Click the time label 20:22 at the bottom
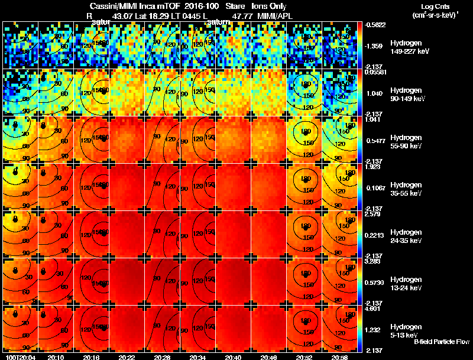pos(127,357)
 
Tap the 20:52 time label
pos(304,357)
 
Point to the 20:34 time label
pos(197,357)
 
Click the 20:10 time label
pos(56,357)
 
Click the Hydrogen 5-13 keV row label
pos(406,330)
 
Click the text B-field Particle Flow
pos(441,342)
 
